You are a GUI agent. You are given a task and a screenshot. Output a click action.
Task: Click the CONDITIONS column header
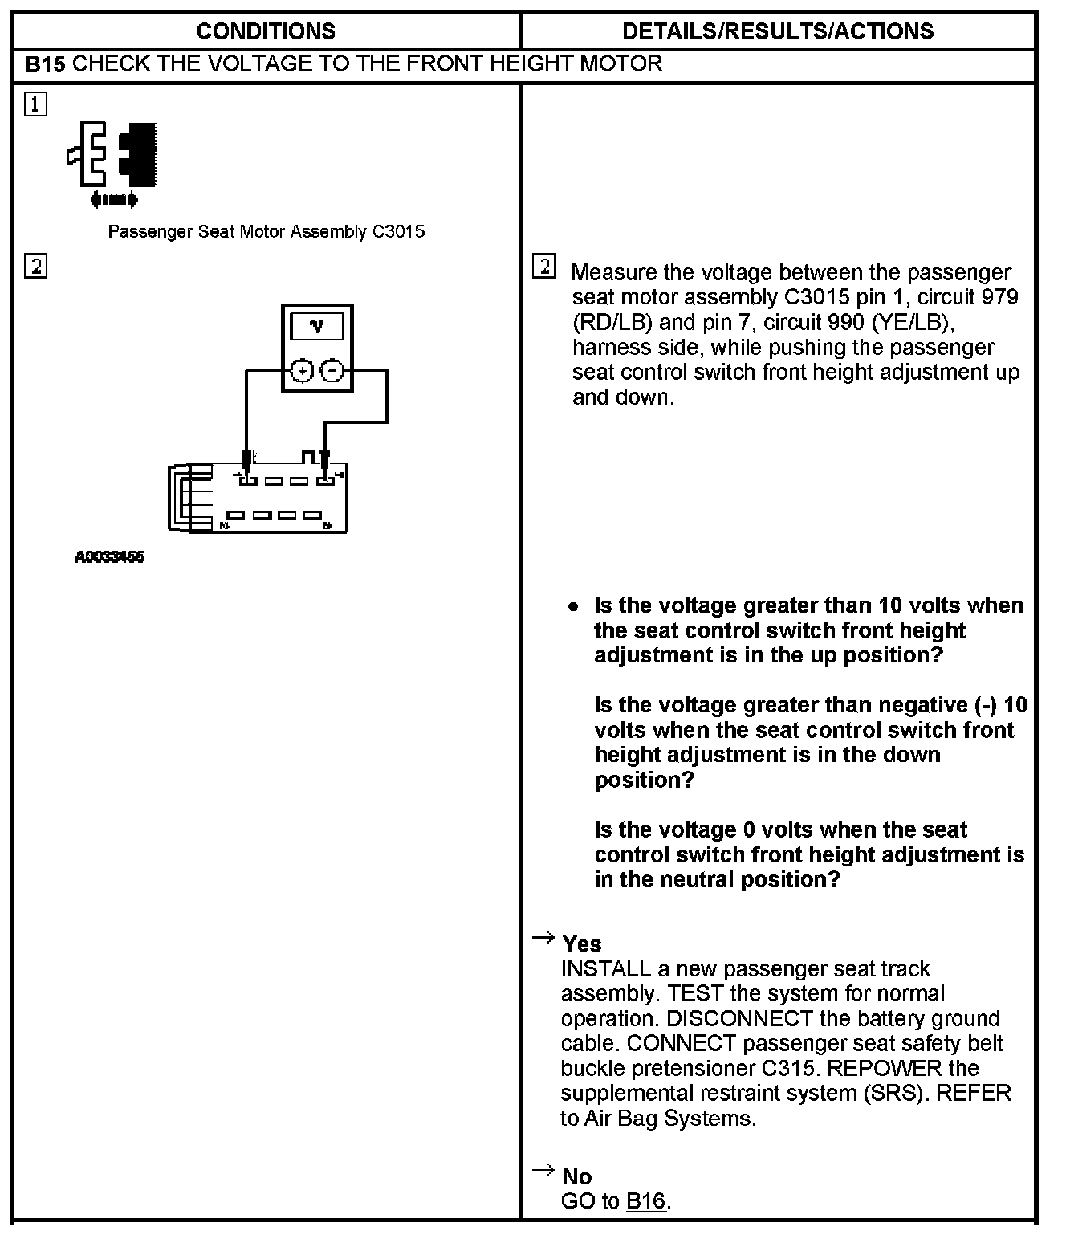click(266, 31)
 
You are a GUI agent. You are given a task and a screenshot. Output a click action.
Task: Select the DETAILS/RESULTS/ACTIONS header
click(777, 31)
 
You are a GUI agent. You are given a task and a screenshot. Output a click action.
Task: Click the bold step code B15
click(45, 65)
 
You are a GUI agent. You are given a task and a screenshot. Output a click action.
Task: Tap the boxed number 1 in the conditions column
click(36, 104)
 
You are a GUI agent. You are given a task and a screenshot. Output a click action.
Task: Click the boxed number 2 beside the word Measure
click(543, 267)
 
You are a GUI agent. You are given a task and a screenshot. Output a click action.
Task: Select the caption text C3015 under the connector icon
click(398, 232)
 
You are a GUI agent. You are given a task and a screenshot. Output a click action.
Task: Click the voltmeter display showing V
click(317, 326)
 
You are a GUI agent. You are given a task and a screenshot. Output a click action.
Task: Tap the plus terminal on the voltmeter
click(302, 371)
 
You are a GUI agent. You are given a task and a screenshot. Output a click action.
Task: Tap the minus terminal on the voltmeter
click(332, 371)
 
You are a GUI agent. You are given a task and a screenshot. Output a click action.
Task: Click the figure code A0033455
click(110, 557)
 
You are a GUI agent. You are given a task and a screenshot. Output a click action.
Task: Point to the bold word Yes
click(582, 944)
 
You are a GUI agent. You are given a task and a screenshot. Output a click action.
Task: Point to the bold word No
click(577, 1176)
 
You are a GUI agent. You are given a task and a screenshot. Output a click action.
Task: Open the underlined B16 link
click(646, 1201)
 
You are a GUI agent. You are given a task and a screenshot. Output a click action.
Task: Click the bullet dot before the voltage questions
click(572, 607)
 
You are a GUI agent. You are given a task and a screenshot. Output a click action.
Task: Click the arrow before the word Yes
click(543, 937)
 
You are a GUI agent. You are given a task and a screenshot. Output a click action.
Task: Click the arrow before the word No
click(543, 1170)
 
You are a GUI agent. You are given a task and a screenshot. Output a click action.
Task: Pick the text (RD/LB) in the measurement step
click(612, 323)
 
